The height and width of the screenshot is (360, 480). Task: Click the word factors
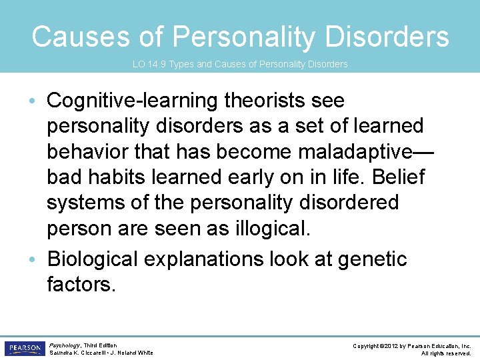(x=81, y=285)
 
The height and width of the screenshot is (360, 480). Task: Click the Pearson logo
(x=24, y=349)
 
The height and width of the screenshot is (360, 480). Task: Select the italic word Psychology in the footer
(x=65, y=345)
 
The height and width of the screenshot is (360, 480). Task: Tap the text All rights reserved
(x=446, y=353)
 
